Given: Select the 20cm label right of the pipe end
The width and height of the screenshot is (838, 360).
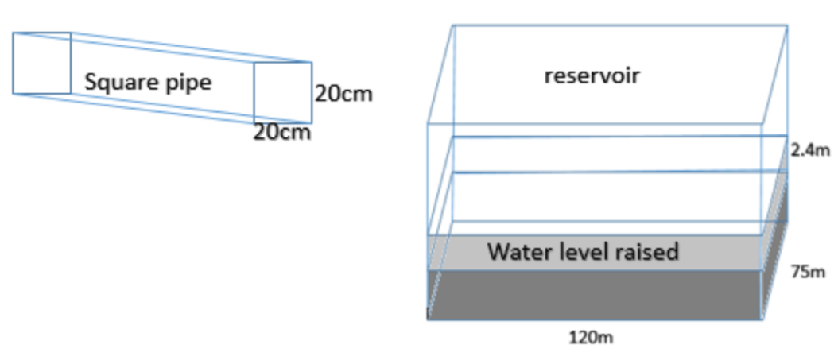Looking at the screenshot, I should [343, 93].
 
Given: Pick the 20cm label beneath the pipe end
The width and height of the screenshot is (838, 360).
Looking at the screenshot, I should [281, 132].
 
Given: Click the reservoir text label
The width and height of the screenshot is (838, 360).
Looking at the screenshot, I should [592, 76].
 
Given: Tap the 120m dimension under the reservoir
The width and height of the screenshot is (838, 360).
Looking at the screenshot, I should [591, 337].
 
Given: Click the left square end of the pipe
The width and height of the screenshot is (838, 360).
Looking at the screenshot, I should [41, 63].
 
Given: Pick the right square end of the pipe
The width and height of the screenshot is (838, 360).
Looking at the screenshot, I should [282, 93].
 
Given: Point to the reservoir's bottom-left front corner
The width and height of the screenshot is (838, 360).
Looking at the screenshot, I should [428, 319].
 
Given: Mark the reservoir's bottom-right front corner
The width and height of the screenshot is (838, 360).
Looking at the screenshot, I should [762, 319].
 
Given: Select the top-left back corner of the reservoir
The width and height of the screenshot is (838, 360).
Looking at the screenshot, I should [453, 25].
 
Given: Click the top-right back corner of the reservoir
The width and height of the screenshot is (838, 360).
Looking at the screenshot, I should [787, 25].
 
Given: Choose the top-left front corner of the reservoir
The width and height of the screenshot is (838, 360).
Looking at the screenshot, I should [428, 124].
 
